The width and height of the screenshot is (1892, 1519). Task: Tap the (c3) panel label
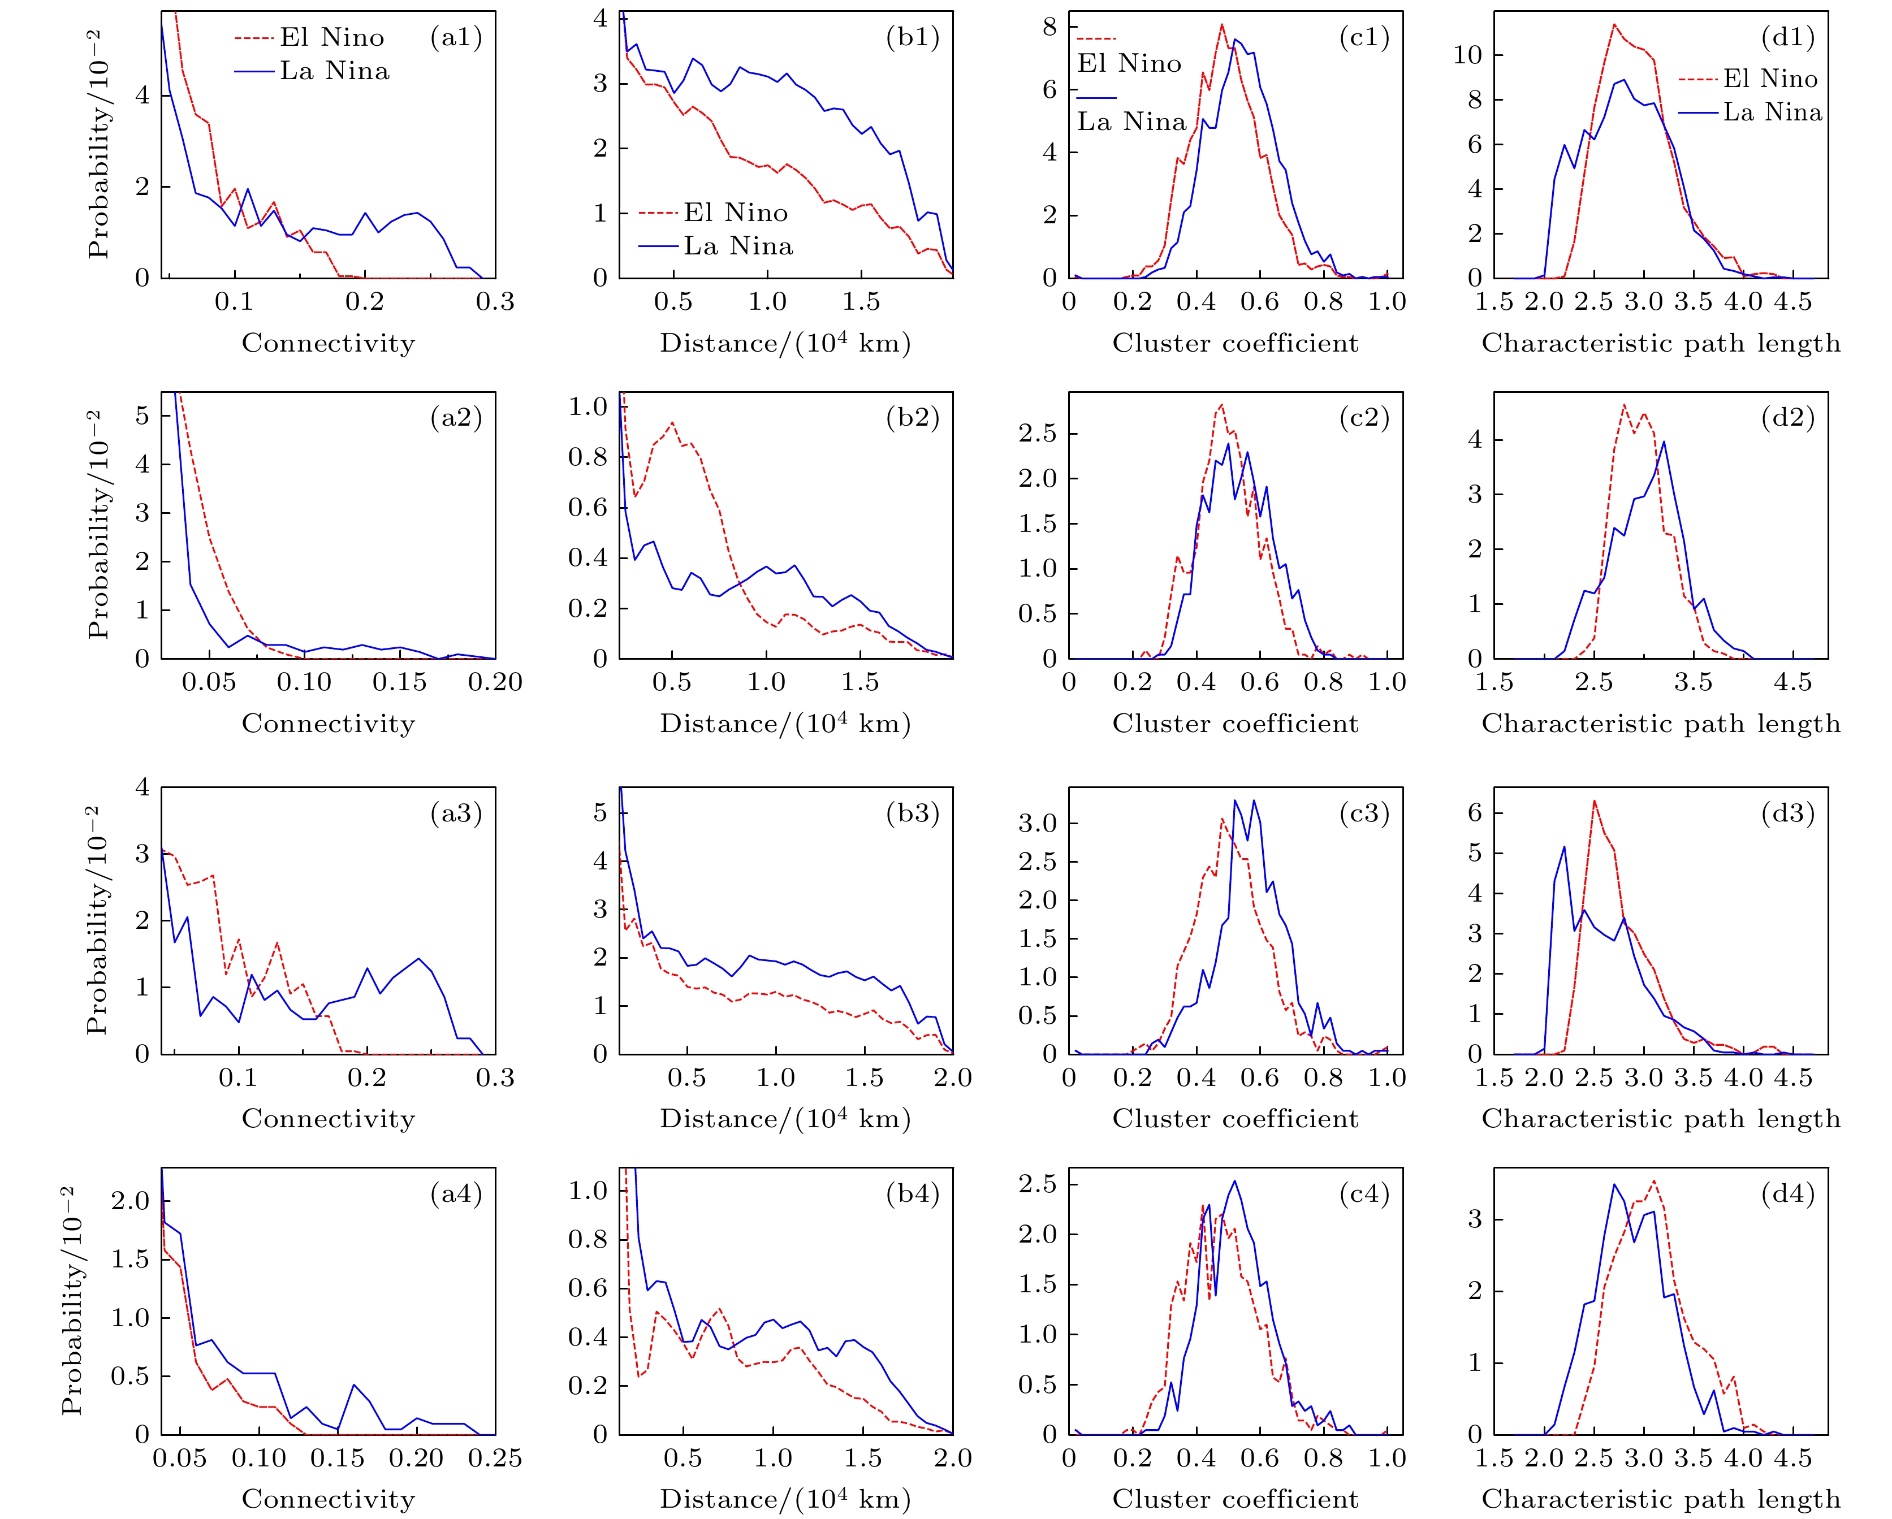[1364, 813]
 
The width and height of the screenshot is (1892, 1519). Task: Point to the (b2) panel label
[913, 418]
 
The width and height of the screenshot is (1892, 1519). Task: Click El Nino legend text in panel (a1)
[332, 38]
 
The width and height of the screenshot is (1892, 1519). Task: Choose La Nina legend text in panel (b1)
[738, 246]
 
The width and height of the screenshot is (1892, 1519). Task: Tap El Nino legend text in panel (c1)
[1129, 63]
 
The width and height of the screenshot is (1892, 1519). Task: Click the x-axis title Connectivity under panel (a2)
[328, 724]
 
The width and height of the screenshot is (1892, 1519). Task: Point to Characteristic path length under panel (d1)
[1660, 343]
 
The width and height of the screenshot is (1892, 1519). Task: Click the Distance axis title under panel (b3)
[784, 1119]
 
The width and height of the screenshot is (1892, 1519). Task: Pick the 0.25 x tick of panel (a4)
[495, 1459]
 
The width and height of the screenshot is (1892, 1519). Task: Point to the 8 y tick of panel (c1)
[1049, 27]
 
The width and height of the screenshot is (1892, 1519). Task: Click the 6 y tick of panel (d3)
[1475, 812]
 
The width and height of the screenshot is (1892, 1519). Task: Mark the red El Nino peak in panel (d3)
[1593, 800]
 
